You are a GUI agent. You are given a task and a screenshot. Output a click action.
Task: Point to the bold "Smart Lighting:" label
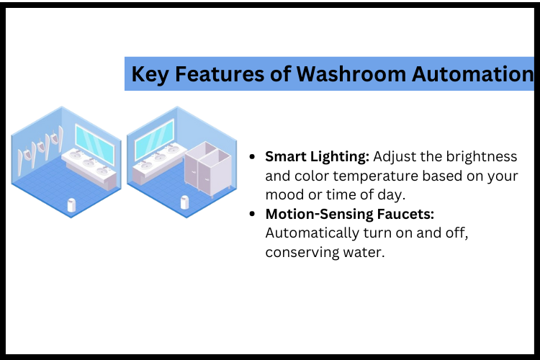(318, 157)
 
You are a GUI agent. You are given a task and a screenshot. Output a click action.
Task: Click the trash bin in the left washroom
(71, 205)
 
